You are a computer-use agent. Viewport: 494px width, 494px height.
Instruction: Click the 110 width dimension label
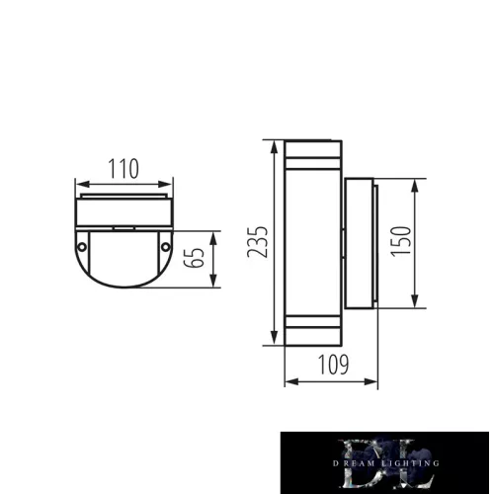(x=123, y=168)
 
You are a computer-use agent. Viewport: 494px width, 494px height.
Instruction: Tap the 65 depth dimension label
(x=198, y=260)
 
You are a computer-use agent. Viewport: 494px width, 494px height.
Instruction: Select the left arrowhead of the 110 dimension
(x=80, y=183)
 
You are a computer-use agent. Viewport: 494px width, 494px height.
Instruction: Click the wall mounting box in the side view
(x=360, y=242)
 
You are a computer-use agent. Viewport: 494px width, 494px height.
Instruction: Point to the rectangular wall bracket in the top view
(x=124, y=210)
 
